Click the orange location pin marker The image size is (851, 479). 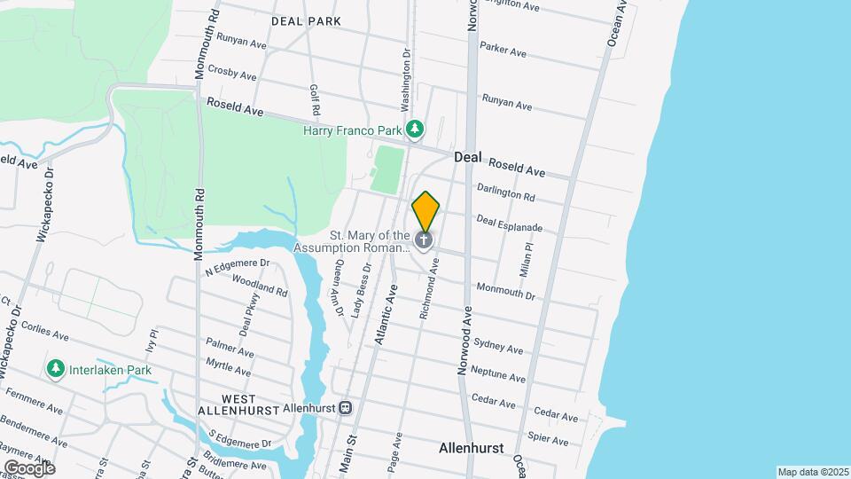pyautogui.click(x=425, y=211)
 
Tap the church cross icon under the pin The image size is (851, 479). pyautogui.click(x=425, y=239)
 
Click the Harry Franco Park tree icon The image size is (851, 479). pyautogui.click(x=415, y=130)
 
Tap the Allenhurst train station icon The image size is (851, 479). pyautogui.click(x=346, y=409)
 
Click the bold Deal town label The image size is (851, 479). pyautogui.click(x=467, y=157)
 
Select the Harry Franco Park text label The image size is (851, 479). pyautogui.click(x=353, y=130)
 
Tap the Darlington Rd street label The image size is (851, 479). pyautogui.click(x=506, y=192)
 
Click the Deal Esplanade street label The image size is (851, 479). pyautogui.click(x=509, y=224)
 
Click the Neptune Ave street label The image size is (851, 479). pyautogui.click(x=499, y=373)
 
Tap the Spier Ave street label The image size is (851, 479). pyautogui.click(x=547, y=438)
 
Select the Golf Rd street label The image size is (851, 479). pyautogui.click(x=314, y=101)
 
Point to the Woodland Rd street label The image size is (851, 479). pyautogui.click(x=259, y=285)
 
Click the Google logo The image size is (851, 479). pyautogui.click(x=28, y=467)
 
